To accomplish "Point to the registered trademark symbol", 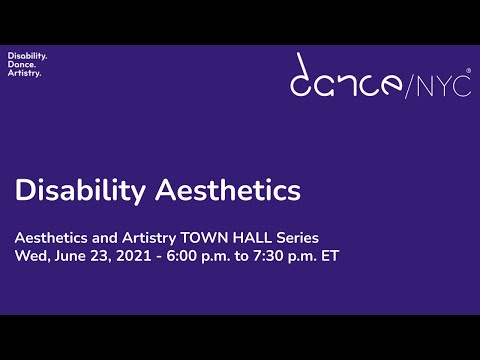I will [x=468, y=71].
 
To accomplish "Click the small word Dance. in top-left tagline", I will [x=22, y=64].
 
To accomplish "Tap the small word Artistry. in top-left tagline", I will [x=25, y=73].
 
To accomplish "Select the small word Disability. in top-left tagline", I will [x=27, y=55].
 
